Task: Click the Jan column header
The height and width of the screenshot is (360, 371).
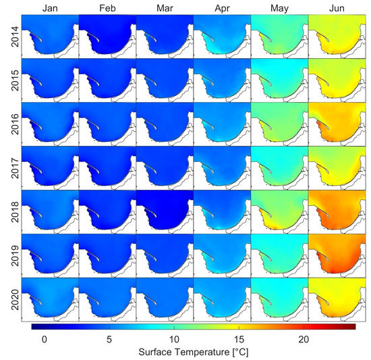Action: (x=50, y=7)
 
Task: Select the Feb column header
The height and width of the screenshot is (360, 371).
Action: (x=107, y=7)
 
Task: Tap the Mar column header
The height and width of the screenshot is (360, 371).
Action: (x=165, y=7)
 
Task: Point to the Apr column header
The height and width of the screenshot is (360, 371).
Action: (x=222, y=7)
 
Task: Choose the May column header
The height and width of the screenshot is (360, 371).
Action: (x=279, y=7)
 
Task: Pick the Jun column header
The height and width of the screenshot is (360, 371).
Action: (x=337, y=7)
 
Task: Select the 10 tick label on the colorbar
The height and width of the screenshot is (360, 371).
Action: (x=173, y=339)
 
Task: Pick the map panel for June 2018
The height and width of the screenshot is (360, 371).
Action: (x=337, y=211)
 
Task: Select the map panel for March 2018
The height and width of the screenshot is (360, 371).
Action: (x=165, y=211)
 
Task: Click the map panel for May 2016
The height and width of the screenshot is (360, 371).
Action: (x=279, y=124)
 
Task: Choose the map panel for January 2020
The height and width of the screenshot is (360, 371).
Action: (x=50, y=299)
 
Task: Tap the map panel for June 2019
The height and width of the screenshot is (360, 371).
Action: (x=337, y=255)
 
